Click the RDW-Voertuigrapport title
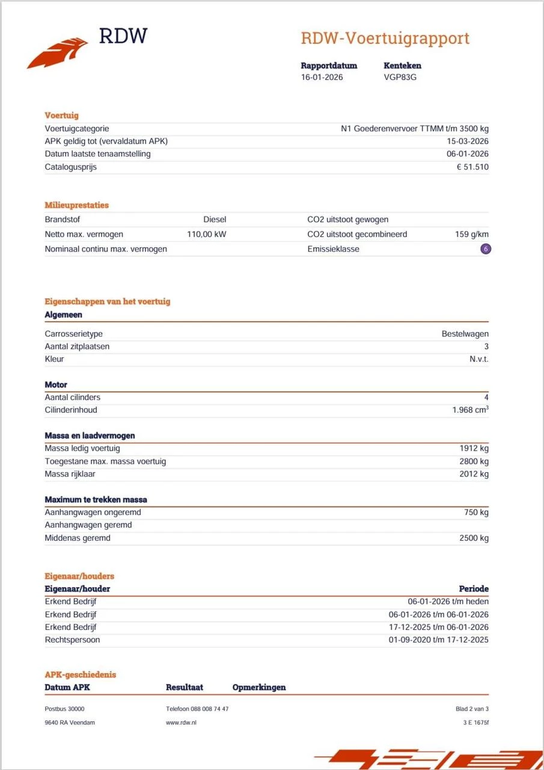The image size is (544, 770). [x=385, y=38]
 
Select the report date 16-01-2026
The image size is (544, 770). [x=322, y=77]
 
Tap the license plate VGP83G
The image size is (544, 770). [x=400, y=77]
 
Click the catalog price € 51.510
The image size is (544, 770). [x=472, y=167]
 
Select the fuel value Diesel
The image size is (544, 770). [x=215, y=220]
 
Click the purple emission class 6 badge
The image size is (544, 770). [x=486, y=249]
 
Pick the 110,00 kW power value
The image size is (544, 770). [x=206, y=234]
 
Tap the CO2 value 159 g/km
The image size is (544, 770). [x=471, y=234]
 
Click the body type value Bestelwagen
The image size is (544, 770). [x=465, y=334]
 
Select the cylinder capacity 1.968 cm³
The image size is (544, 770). [x=470, y=410]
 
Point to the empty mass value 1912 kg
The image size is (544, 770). [x=474, y=448]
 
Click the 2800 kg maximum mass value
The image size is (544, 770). [x=474, y=461]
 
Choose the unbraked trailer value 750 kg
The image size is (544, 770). [x=476, y=513]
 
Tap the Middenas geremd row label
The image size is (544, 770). [x=78, y=538]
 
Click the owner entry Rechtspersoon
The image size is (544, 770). [x=72, y=640]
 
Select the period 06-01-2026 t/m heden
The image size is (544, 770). [x=448, y=602]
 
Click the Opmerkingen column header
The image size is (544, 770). [x=259, y=688]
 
